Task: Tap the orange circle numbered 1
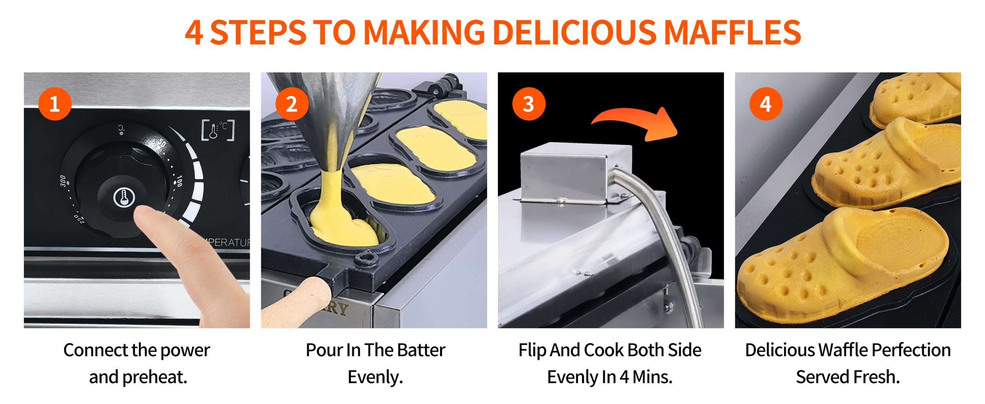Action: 55,104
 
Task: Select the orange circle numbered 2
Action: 292,104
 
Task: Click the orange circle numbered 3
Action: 529,104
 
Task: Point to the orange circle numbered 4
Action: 766,104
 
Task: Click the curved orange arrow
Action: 635,119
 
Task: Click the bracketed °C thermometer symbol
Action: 218,130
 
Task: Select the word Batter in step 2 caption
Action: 421,350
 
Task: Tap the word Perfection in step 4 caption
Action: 911,350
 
